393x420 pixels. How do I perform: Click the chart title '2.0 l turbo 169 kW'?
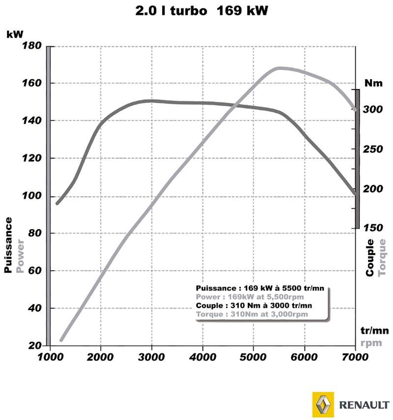[x=201, y=11]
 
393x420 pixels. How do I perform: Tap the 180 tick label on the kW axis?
[x=32, y=46]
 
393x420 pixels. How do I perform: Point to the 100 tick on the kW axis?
[x=32, y=196]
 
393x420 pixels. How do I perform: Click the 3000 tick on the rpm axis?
[x=152, y=357]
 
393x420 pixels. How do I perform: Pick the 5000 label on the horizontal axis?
[x=253, y=357]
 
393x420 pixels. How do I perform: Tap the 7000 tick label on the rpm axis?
[x=355, y=357]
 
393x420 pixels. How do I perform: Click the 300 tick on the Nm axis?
[x=373, y=109]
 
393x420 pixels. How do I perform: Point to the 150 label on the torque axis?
[x=373, y=228]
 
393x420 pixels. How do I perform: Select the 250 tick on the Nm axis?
[x=373, y=149]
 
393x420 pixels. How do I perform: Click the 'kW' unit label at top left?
[x=15, y=34]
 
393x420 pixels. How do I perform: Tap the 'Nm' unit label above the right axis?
[x=373, y=83]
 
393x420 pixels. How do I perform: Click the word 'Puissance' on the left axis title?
[x=8, y=245]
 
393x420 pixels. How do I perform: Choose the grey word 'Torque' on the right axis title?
[x=382, y=257]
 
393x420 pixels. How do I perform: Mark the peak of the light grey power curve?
[x=279, y=68]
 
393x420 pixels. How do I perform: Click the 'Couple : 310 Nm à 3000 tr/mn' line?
[x=254, y=306]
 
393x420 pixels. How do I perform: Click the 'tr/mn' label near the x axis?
[x=374, y=330]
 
